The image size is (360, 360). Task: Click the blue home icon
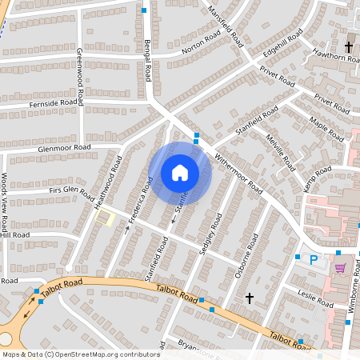(180, 173)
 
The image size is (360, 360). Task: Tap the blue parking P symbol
(314, 259)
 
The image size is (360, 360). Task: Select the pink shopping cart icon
(340, 268)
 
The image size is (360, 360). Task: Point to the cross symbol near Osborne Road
(249, 298)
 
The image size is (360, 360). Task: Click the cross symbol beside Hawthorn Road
(350, 46)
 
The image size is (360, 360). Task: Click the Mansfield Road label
(225, 24)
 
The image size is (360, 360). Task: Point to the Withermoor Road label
(239, 174)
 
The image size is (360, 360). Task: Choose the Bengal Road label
(149, 61)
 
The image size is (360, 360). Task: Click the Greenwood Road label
(81, 76)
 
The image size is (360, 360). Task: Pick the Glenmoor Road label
(65, 148)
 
